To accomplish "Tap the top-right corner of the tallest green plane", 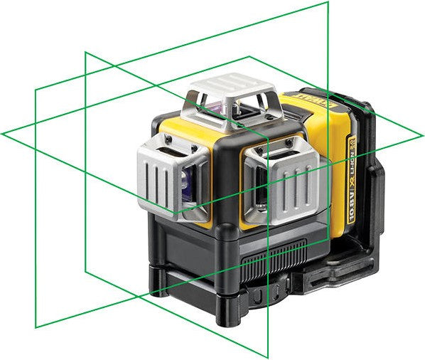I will [328, 3].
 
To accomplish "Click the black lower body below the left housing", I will [178, 249].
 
